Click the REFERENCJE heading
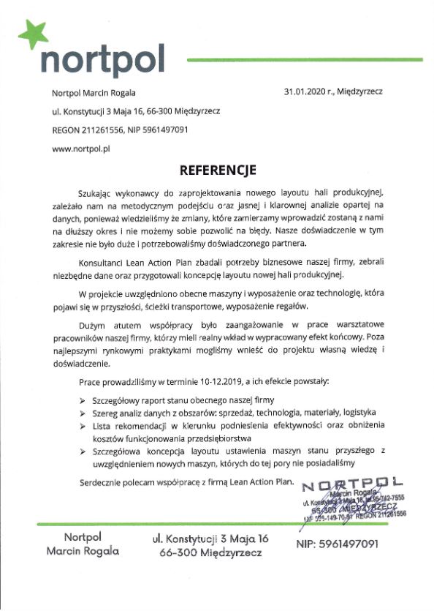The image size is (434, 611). (218, 170)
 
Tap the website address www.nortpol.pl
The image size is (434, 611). (80, 149)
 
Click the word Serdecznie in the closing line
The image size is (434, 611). (102, 482)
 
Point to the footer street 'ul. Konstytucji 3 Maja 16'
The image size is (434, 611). (211, 539)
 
